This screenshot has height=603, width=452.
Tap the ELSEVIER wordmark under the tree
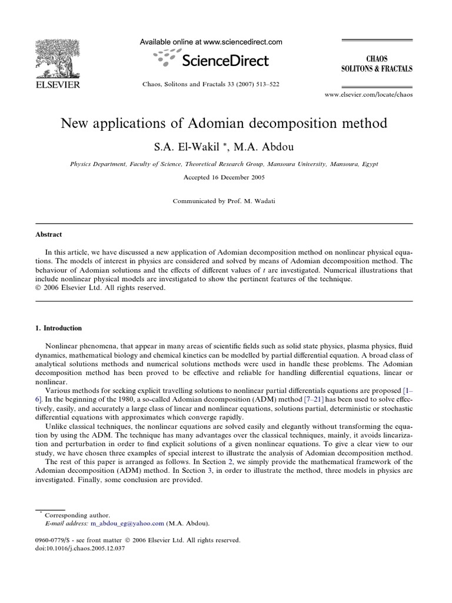click(x=56, y=84)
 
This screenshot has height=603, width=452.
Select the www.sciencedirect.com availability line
click(x=210, y=42)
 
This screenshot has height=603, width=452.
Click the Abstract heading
click(x=49, y=234)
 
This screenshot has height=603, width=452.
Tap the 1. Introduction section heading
click(x=59, y=328)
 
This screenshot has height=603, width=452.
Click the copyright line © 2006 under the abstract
click(x=101, y=288)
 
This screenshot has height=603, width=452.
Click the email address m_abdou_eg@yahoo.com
click(x=127, y=522)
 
